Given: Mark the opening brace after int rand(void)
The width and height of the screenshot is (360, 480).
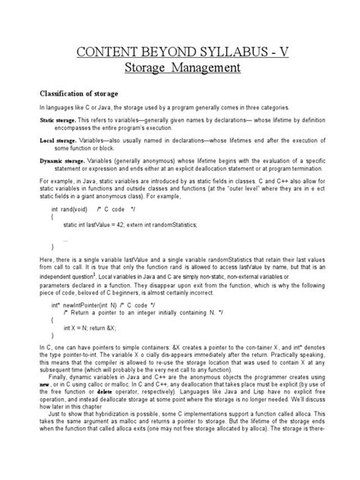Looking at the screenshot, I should pos(53,216).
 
